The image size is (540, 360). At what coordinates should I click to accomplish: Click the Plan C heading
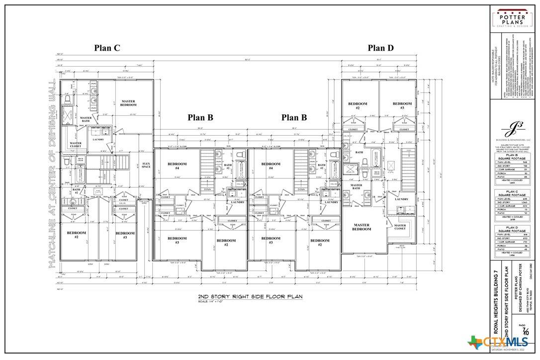[107, 48]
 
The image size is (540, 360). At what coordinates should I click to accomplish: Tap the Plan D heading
[380, 48]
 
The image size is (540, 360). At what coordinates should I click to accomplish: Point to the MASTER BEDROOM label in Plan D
[361, 227]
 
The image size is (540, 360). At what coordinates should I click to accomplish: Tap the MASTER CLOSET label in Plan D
[400, 227]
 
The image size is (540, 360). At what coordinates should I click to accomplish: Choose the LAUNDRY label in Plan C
[97, 140]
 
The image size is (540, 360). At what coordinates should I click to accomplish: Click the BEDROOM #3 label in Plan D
[402, 105]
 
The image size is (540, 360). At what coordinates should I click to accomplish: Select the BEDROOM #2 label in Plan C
[77, 235]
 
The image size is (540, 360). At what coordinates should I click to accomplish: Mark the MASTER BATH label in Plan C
[86, 119]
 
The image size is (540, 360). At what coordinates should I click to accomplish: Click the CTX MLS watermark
[497, 342]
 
